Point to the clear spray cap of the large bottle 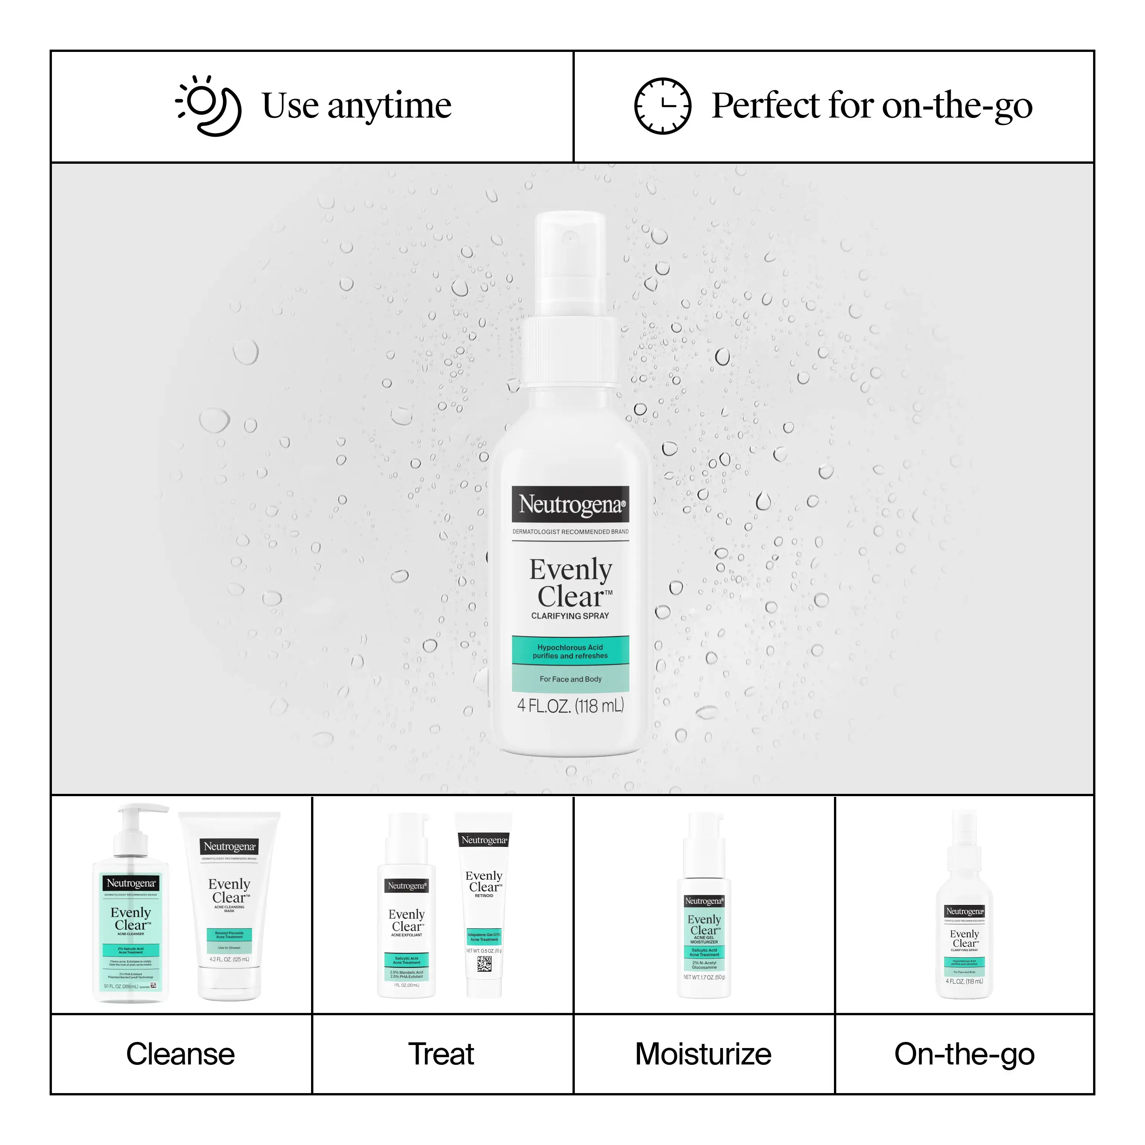click(x=570, y=261)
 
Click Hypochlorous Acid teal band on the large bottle click(x=570, y=652)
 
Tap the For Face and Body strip click(x=570, y=679)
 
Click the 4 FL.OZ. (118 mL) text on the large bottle click(x=570, y=706)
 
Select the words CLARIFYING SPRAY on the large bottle click(x=570, y=616)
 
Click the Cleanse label click(x=181, y=1054)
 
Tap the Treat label click(x=442, y=1054)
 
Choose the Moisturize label click(x=703, y=1054)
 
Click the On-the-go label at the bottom click(x=964, y=1054)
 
